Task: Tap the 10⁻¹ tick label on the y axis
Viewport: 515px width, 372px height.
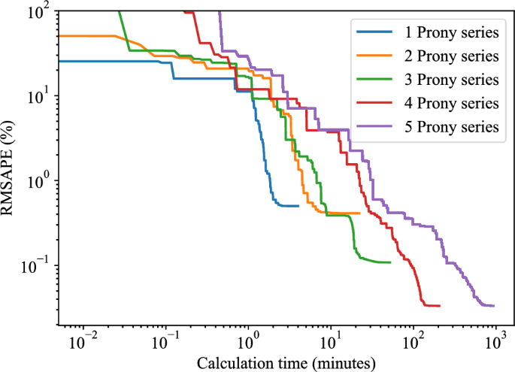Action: (x=36, y=265)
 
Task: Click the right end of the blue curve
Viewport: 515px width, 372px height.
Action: (x=298, y=205)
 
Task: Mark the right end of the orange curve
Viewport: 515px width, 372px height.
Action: (x=359, y=213)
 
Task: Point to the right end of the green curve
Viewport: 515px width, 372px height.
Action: (x=390, y=262)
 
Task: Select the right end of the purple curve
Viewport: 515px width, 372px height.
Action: (x=493, y=305)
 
